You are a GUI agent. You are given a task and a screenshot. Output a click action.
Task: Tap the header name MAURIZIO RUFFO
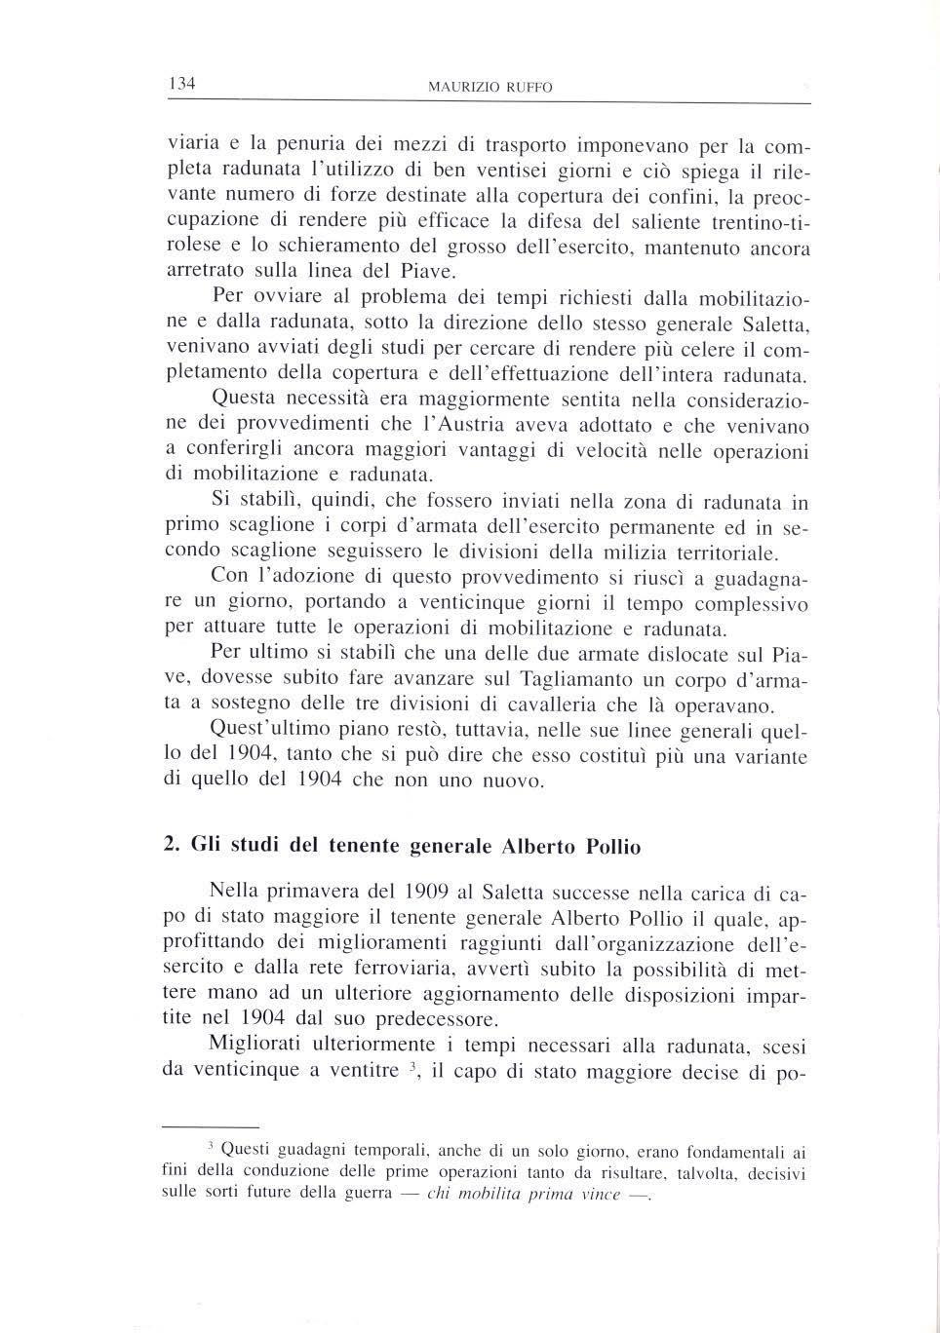click(490, 88)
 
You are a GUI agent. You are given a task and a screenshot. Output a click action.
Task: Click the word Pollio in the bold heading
click(611, 847)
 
